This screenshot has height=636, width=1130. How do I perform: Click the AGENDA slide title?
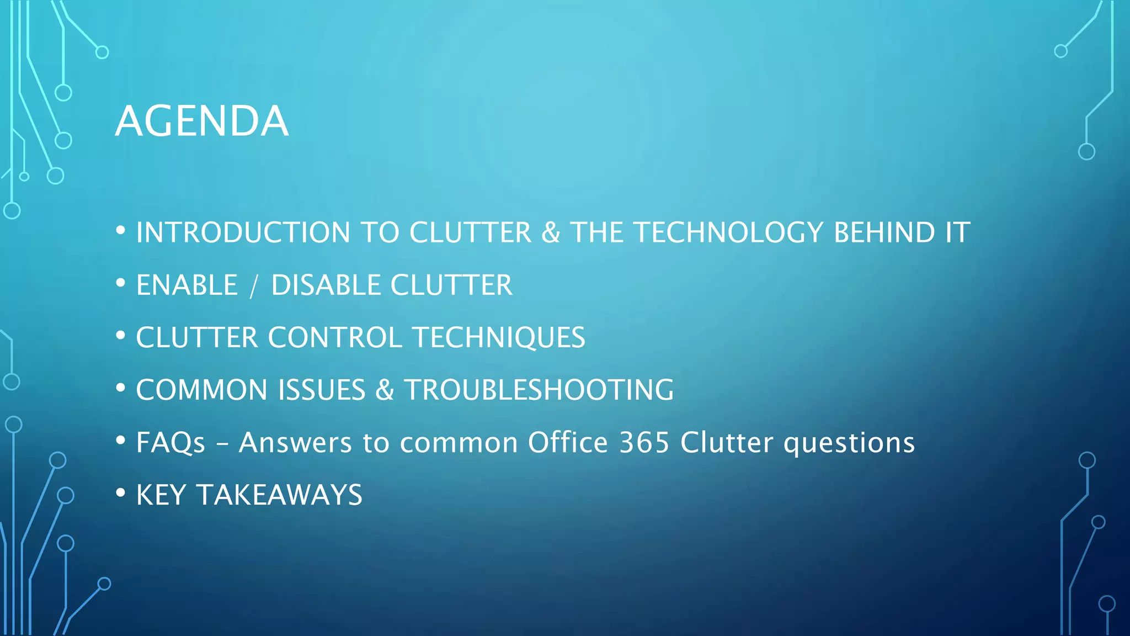202,121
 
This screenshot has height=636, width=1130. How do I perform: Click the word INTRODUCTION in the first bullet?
243,232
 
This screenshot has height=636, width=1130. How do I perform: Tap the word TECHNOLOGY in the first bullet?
728,232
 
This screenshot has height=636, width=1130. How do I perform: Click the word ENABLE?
187,285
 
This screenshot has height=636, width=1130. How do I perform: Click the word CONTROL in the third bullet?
335,338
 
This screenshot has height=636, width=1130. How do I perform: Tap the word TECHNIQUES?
499,338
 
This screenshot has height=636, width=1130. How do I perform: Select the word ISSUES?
322,390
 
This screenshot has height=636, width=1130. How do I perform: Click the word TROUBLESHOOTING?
539,390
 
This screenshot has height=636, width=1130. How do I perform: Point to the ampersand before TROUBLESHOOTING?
385,390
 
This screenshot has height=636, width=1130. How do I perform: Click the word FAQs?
170,443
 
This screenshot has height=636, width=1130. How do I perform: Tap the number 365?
644,443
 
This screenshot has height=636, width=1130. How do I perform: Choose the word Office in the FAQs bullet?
567,443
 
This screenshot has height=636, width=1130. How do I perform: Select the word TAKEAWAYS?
280,495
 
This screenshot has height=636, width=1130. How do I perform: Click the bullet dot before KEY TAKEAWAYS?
121,493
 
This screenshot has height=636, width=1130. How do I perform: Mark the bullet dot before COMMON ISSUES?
121,388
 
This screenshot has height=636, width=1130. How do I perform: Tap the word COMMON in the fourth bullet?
202,390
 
